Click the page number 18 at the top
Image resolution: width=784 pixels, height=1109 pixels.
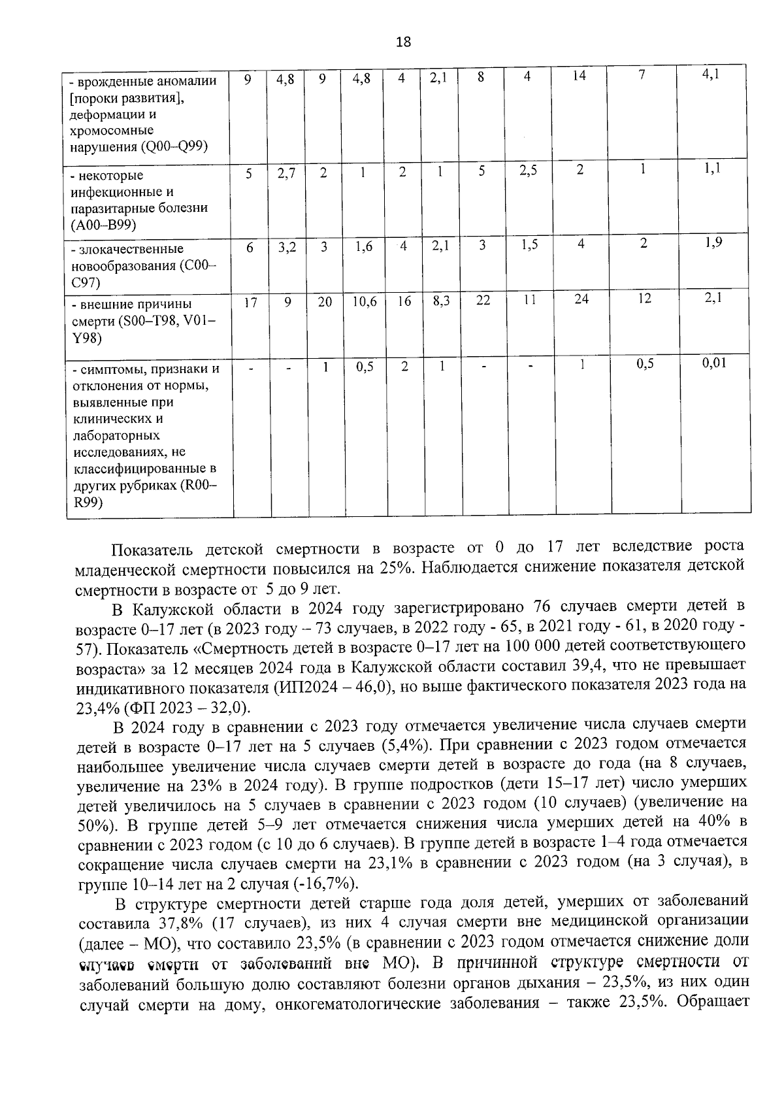coord(403,42)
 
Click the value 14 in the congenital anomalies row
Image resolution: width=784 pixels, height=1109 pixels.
coord(579,76)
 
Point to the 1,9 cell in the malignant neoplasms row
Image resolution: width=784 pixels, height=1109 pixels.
coord(713,242)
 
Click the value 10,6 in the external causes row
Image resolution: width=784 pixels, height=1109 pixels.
coord(364,302)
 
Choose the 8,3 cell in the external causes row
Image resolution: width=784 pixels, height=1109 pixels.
coord(440,302)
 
